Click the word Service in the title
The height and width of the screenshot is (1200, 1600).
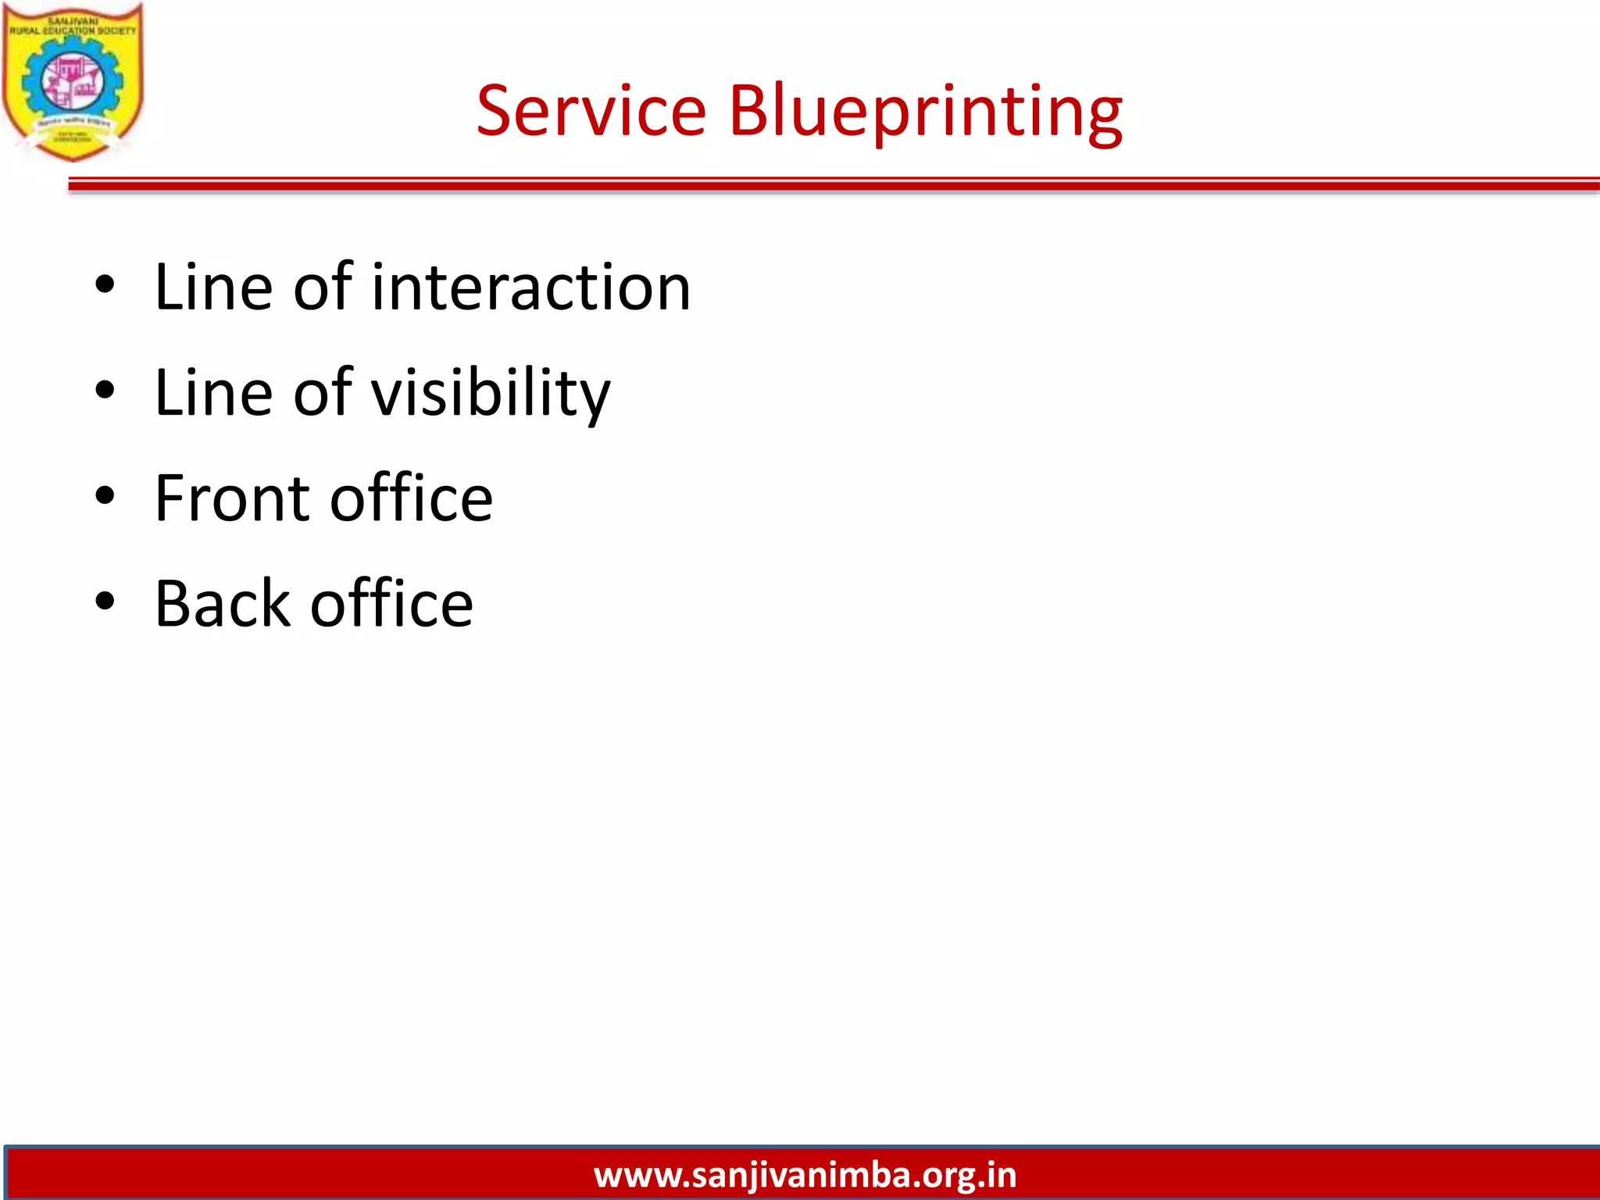click(x=591, y=111)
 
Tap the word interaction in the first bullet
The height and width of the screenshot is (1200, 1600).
click(x=531, y=287)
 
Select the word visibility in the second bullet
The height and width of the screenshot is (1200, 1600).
click(x=491, y=393)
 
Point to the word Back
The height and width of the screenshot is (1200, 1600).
click(x=223, y=604)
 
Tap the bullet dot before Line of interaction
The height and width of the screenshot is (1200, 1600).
click(x=105, y=286)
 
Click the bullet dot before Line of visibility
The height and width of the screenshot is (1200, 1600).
click(x=105, y=391)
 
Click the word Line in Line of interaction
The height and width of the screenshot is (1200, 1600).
click(x=213, y=287)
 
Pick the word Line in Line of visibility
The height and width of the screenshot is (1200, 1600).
click(x=213, y=393)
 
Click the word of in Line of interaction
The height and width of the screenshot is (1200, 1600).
click(x=323, y=287)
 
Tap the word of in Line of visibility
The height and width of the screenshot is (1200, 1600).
click(x=323, y=393)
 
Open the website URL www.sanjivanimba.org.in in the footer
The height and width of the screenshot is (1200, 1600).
click(x=805, y=1175)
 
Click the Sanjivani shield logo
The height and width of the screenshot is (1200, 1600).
click(x=72, y=82)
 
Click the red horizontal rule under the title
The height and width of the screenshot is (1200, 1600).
click(x=828, y=184)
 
